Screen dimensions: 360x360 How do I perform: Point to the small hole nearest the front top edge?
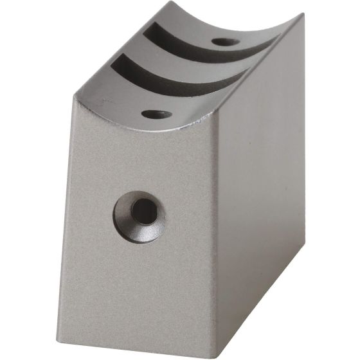pos(157,114)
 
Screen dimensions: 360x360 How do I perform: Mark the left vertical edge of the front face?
pos(67,212)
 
